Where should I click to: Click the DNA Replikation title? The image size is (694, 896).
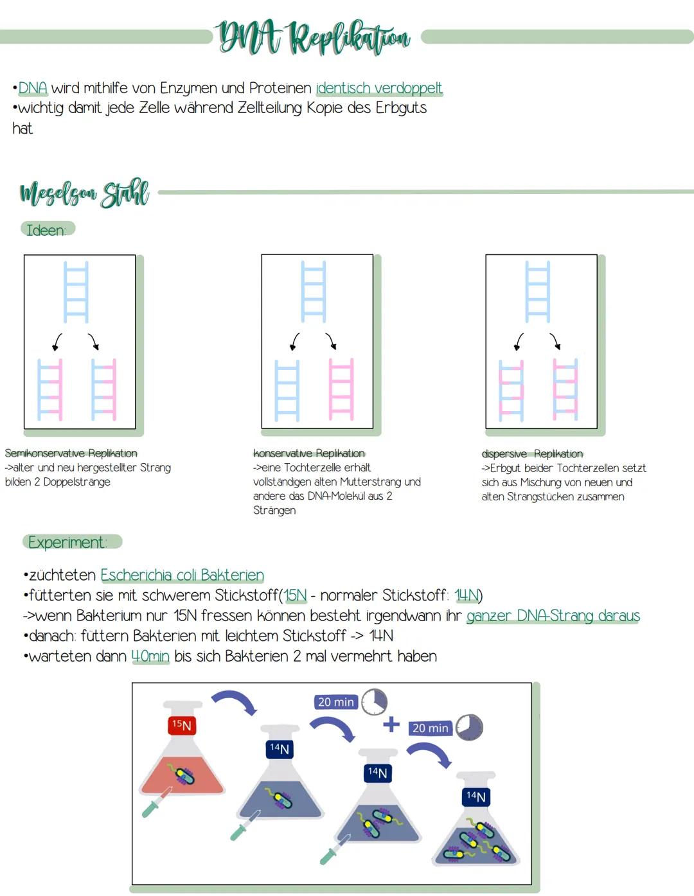[314, 37]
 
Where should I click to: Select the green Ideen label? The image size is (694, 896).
[47, 229]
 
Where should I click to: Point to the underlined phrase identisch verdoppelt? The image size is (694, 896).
[378, 88]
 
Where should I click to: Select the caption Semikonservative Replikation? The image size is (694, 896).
[71, 453]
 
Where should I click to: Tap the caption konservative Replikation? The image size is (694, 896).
[308, 453]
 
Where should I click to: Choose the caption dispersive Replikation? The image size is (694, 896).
[532, 454]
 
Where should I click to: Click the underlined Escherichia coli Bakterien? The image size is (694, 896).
[182, 575]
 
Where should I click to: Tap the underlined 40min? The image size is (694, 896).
[150, 656]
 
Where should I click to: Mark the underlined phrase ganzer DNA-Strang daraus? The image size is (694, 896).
[553, 616]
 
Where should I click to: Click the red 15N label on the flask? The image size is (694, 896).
[182, 725]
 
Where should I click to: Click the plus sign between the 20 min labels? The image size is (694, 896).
[391, 725]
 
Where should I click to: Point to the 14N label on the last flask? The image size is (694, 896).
[476, 796]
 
